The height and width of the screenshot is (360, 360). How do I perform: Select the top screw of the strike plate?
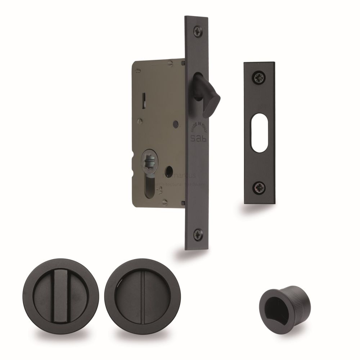click(258, 76)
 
